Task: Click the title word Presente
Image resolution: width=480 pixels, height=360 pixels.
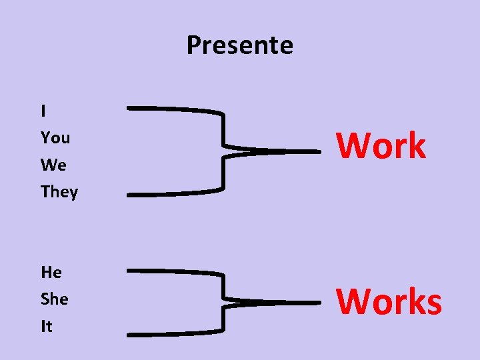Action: click(239, 45)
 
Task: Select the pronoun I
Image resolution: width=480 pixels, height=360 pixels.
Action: click(43, 111)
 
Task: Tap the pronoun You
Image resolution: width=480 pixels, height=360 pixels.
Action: click(55, 138)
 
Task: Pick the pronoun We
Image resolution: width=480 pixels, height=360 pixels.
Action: click(53, 165)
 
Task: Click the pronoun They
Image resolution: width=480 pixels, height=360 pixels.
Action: click(59, 192)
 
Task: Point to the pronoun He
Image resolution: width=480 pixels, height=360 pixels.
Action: click(51, 273)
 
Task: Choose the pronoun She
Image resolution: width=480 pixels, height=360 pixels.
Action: click(55, 299)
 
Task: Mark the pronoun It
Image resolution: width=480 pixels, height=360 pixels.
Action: click(47, 327)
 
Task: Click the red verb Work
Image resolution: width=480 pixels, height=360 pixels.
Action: click(381, 146)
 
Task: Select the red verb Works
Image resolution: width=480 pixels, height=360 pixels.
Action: click(389, 301)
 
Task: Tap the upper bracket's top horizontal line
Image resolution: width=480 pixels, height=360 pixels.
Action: click(173, 108)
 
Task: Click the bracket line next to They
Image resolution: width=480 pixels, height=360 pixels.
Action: click(173, 194)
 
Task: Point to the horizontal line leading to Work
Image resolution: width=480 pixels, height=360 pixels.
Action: click(280, 151)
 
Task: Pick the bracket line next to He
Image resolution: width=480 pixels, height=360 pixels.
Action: click(173, 271)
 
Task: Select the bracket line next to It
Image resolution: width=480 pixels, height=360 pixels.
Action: click(173, 333)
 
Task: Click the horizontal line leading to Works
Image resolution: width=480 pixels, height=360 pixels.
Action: click(280, 303)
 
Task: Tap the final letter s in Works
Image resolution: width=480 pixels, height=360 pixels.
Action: click(432, 304)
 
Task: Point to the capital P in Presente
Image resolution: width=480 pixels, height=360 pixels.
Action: click(193, 45)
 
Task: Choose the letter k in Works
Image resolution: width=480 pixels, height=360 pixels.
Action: click(413, 301)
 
